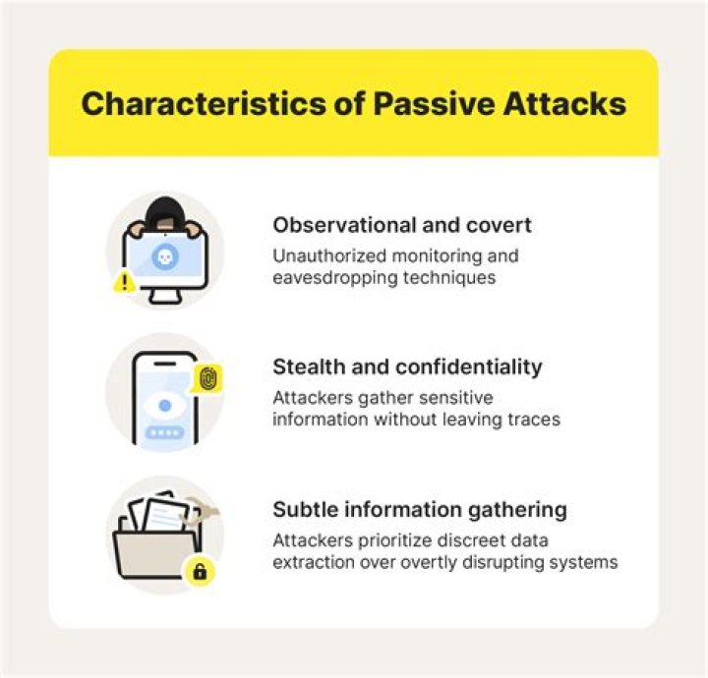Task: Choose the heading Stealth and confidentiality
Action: (x=407, y=367)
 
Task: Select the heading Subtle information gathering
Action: (x=420, y=510)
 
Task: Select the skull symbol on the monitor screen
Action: (x=165, y=255)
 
